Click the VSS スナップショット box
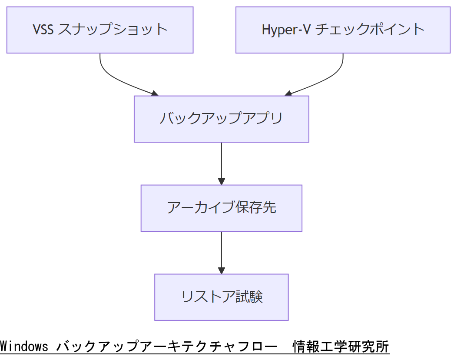pos(100,30)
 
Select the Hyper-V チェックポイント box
pos(343,30)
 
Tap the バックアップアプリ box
pos(221,119)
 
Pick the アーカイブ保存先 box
pos(221,208)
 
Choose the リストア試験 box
pos(221,297)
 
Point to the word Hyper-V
pos(286,30)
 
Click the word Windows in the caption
pos(24,347)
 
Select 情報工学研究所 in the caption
pos(341,347)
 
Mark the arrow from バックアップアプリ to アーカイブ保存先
pos(222,161)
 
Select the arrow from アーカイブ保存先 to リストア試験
pos(222,250)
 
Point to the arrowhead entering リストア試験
pos(222,270)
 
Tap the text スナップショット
pos(113,30)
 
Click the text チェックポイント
pos(369,30)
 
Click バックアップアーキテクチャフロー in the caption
pos(167,347)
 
